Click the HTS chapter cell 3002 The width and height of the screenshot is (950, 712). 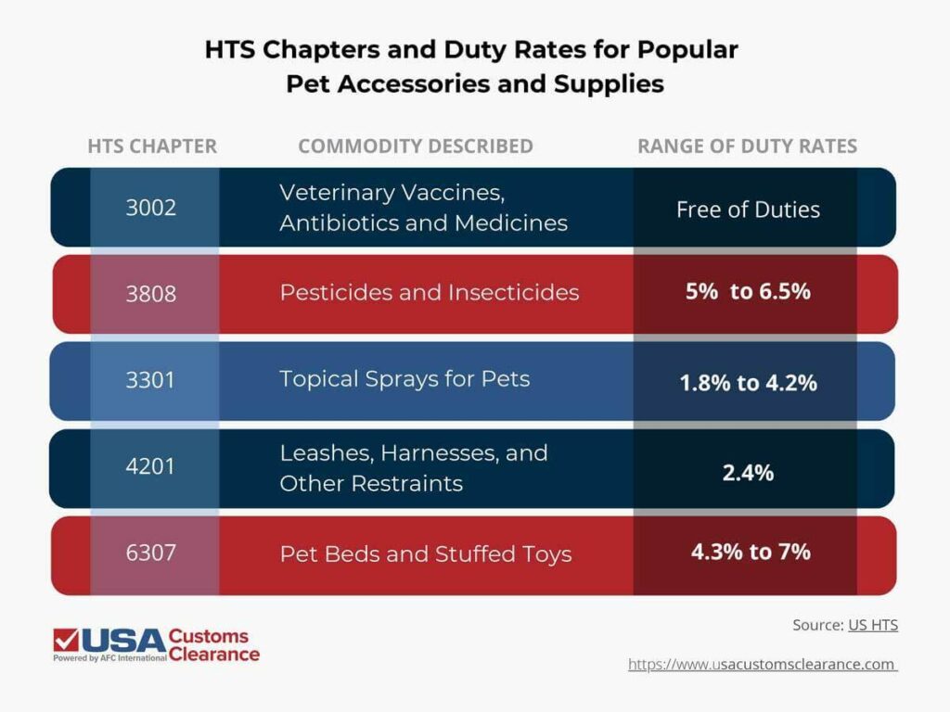point(150,208)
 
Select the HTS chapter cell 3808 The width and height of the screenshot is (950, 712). point(150,294)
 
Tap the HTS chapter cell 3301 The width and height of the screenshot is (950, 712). point(150,380)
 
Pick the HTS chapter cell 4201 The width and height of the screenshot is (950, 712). point(150,466)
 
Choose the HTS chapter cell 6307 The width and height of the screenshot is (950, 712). point(150,553)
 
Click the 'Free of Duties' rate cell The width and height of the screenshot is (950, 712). point(748,210)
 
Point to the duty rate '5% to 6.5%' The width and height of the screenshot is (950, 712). point(748,292)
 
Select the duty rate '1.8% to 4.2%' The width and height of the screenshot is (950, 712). point(748,382)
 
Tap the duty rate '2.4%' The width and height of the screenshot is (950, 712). point(748,472)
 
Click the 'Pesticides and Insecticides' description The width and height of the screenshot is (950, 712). point(430,293)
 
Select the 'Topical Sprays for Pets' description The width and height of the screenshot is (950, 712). point(404,379)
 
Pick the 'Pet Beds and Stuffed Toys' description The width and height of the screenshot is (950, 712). point(426,554)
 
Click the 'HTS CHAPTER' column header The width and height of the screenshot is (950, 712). point(152,146)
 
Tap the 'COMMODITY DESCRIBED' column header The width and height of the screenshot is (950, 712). point(416,146)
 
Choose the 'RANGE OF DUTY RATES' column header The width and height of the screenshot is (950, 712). point(747,146)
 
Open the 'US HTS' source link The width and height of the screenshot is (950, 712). point(872,626)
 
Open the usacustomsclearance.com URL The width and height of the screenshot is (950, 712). point(763,665)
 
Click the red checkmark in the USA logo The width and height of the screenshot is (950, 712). point(66,640)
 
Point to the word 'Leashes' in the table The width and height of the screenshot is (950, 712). point(318,453)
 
